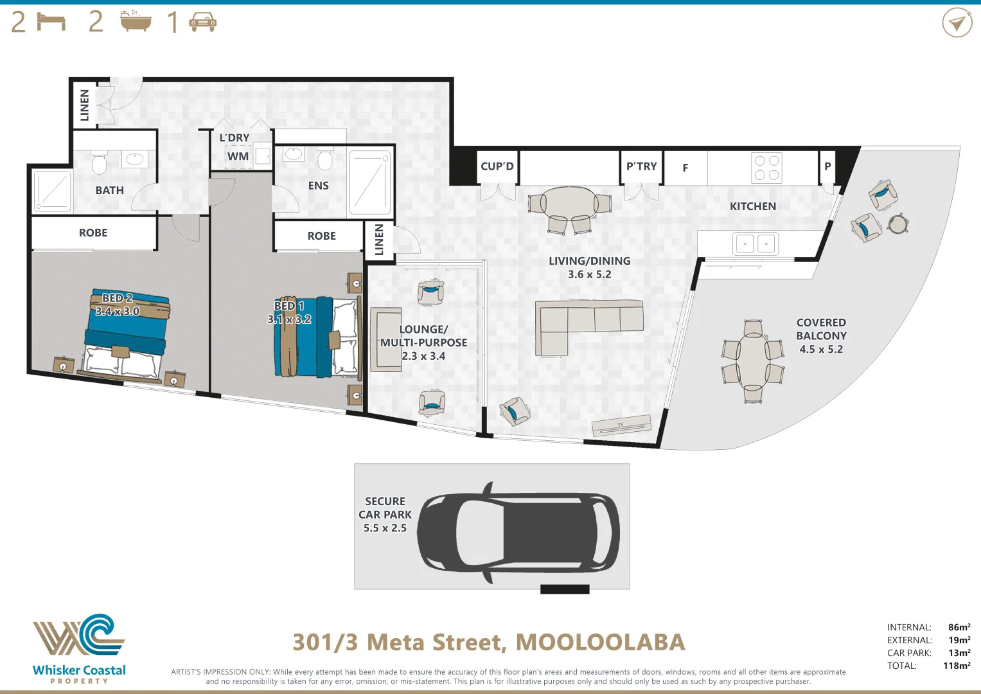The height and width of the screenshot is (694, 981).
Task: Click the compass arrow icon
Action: pyautogui.click(x=957, y=23)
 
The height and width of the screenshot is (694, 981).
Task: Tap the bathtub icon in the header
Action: pyautogui.click(x=136, y=22)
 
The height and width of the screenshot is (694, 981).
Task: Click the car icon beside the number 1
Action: pyautogui.click(x=202, y=23)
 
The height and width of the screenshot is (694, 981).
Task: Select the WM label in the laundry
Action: pyautogui.click(x=238, y=156)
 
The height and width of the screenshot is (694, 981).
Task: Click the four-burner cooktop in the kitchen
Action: pyautogui.click(x=766, y=168)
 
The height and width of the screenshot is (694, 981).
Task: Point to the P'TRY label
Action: pyautogui.click(x=641, y=166)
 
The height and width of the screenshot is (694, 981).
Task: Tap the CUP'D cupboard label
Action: pyautogui.click(x=497, y=166)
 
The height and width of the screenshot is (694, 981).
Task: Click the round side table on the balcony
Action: pyautogui.click(x=898, y=224)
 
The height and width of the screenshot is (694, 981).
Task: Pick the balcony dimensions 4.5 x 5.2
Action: pyautogui.click(x=821, y=350)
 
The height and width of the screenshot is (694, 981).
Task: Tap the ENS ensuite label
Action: pyautogui.click(x=318, y=186)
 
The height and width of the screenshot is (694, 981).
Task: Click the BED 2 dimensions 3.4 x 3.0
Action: pyautogui.click(x=117, y=312)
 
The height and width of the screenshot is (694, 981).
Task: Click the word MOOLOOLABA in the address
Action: pyautogui.click(x=600, y=642)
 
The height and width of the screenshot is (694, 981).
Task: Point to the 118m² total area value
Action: pyautogui.click(x=956, y=666)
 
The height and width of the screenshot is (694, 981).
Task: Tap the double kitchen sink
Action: pyautogui.click(x=755, y=244)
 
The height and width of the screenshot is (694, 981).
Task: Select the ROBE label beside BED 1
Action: pyautogui.click(x=321, y=236)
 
